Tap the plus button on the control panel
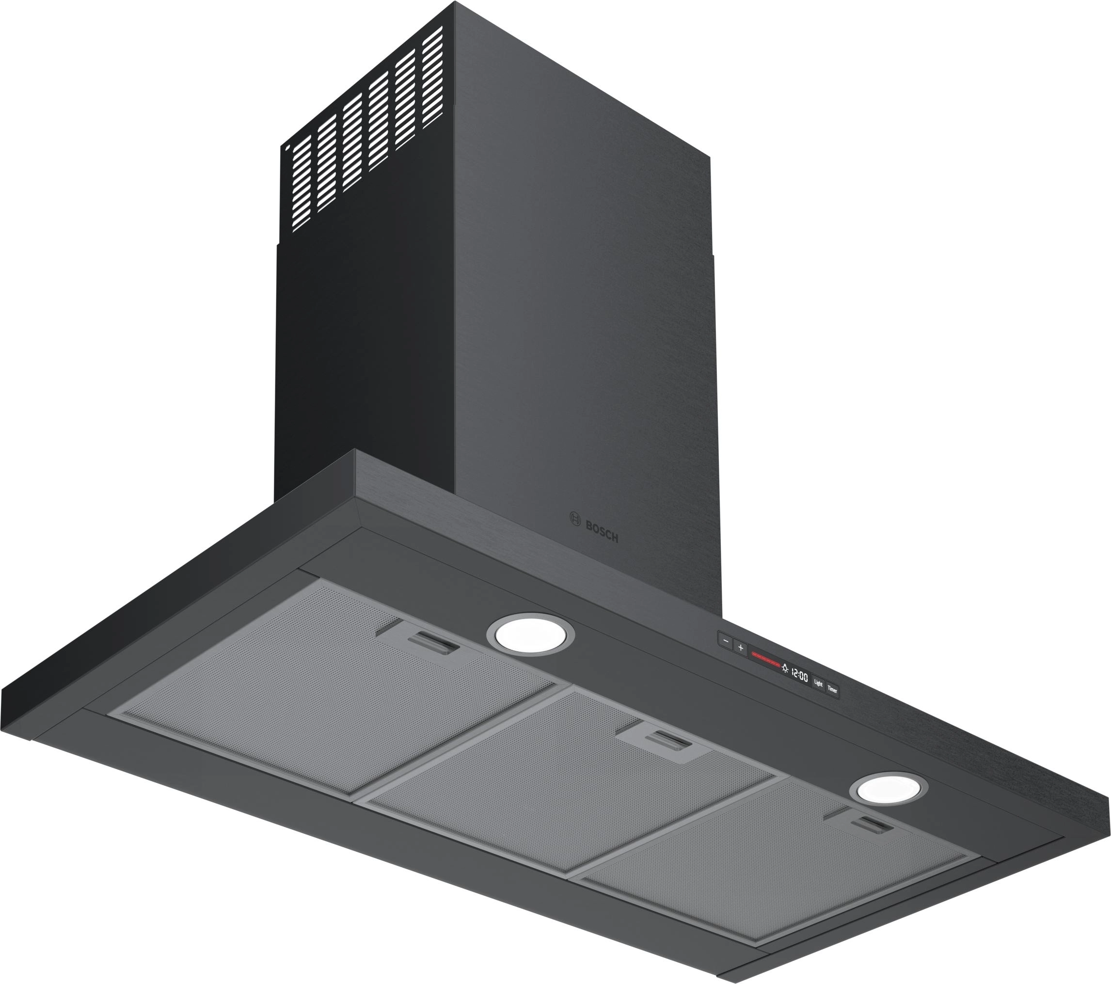[740, 648]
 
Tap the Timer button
[832, 689]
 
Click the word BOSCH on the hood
[602, 531]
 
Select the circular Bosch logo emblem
[574, 518]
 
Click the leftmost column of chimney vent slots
[301, 182]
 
